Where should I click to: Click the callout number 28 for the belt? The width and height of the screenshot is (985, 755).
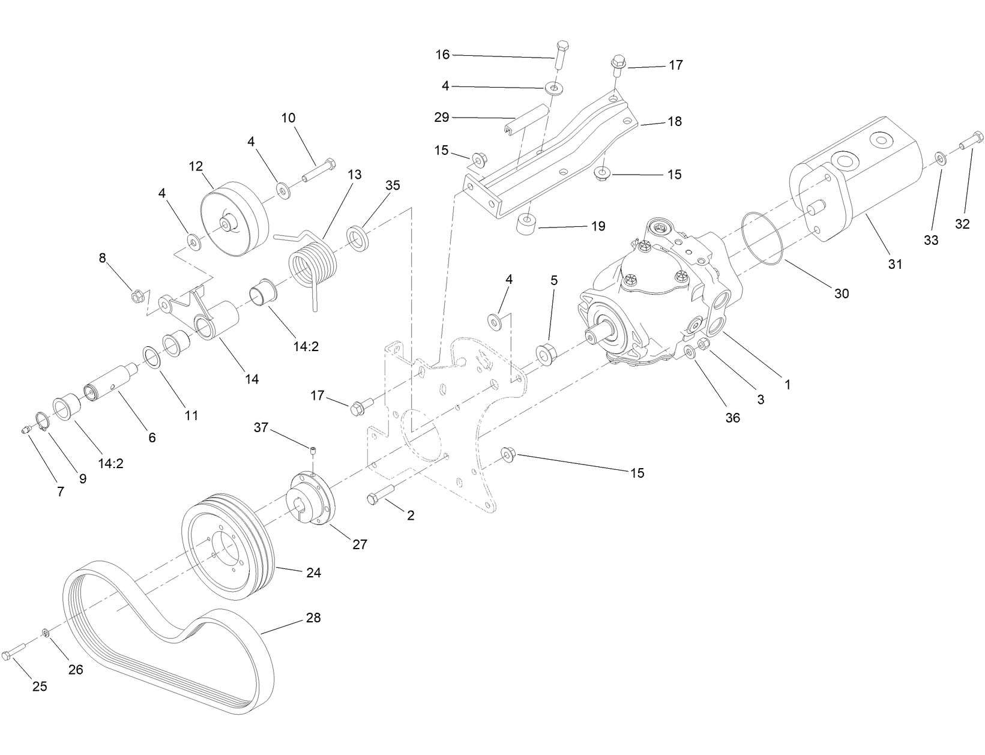click(x=313, y=618)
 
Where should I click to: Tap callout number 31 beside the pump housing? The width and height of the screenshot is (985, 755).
click(x=895, y=263)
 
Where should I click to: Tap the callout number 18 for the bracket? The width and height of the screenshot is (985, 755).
click(x=675, y=121)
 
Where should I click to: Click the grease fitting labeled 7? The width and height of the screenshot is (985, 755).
click(x=26, y=430)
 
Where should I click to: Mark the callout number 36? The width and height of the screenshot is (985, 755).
click(x=732, y=418)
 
